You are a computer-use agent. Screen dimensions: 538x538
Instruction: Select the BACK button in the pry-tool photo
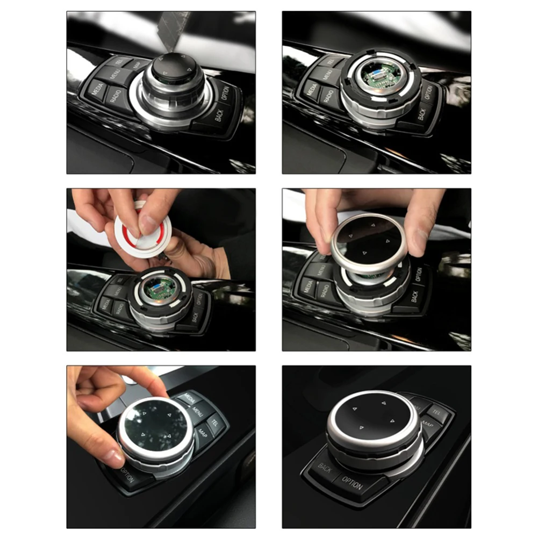(x=219, y=113)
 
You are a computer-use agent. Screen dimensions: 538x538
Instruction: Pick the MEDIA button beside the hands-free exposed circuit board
(x=311, y=89)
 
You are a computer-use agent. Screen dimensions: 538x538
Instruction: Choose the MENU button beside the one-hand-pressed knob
(x=198, y=411)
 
